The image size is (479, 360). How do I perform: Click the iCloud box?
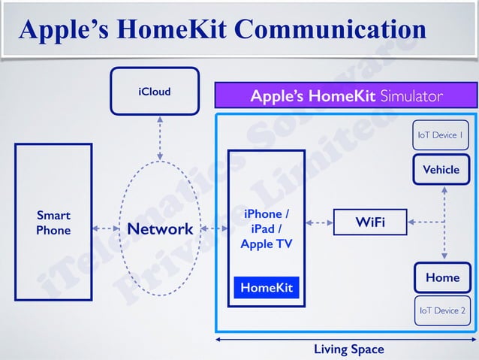(x=154, y=92)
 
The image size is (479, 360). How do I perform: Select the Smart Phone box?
(x=53, y=222)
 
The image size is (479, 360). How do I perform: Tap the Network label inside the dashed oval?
(x=160, y=228)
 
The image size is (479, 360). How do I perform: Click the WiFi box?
(x=369, y=222)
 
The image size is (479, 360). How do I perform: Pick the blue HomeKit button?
(x=266, y=288)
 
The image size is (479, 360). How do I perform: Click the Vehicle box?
(x=441, y=169)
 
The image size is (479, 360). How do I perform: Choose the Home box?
(x=441, y=277)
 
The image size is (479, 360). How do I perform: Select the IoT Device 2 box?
(x=441, y=310)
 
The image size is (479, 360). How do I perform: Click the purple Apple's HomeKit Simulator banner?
(x=346, y=96)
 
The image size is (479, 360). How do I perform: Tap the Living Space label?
(x=348, y=349)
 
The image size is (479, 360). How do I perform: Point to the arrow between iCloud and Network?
(x=159, y=137)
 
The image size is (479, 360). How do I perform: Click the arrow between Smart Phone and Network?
(x=106, y=228)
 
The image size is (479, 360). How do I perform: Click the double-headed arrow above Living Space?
(x=346, y=340)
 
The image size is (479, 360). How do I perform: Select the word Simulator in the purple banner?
(x=411, y=96)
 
